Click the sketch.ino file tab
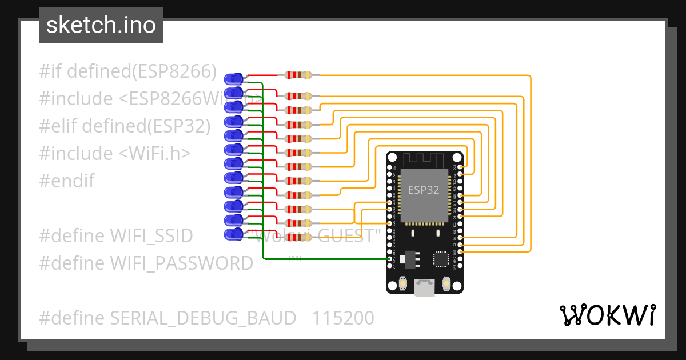click(x=101, y=25)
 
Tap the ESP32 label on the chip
click(x=423, y=190)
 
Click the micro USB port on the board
click(x=424, y=287)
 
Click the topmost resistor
click(x=298, y=75)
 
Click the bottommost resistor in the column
click(x=298, y=237)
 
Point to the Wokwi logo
click(x=607, y=315)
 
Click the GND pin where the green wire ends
click(x=389, y=259)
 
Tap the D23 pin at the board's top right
click(x=461, y=167)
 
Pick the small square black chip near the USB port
click(x=441, y=259)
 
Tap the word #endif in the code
click(x=67, y=181)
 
